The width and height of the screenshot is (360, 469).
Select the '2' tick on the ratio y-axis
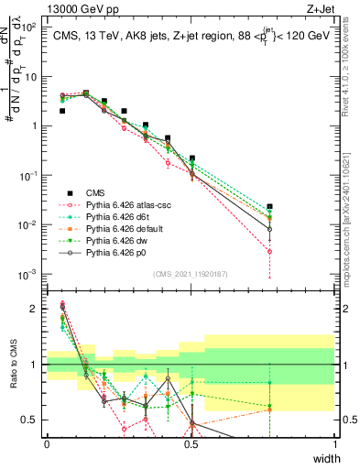pos(35,309)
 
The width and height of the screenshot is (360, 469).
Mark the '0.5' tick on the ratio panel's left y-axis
pos(30,420)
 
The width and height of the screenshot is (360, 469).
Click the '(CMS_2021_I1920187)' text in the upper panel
pos(191,272)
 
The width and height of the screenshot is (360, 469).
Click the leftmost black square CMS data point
pos(62,111)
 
